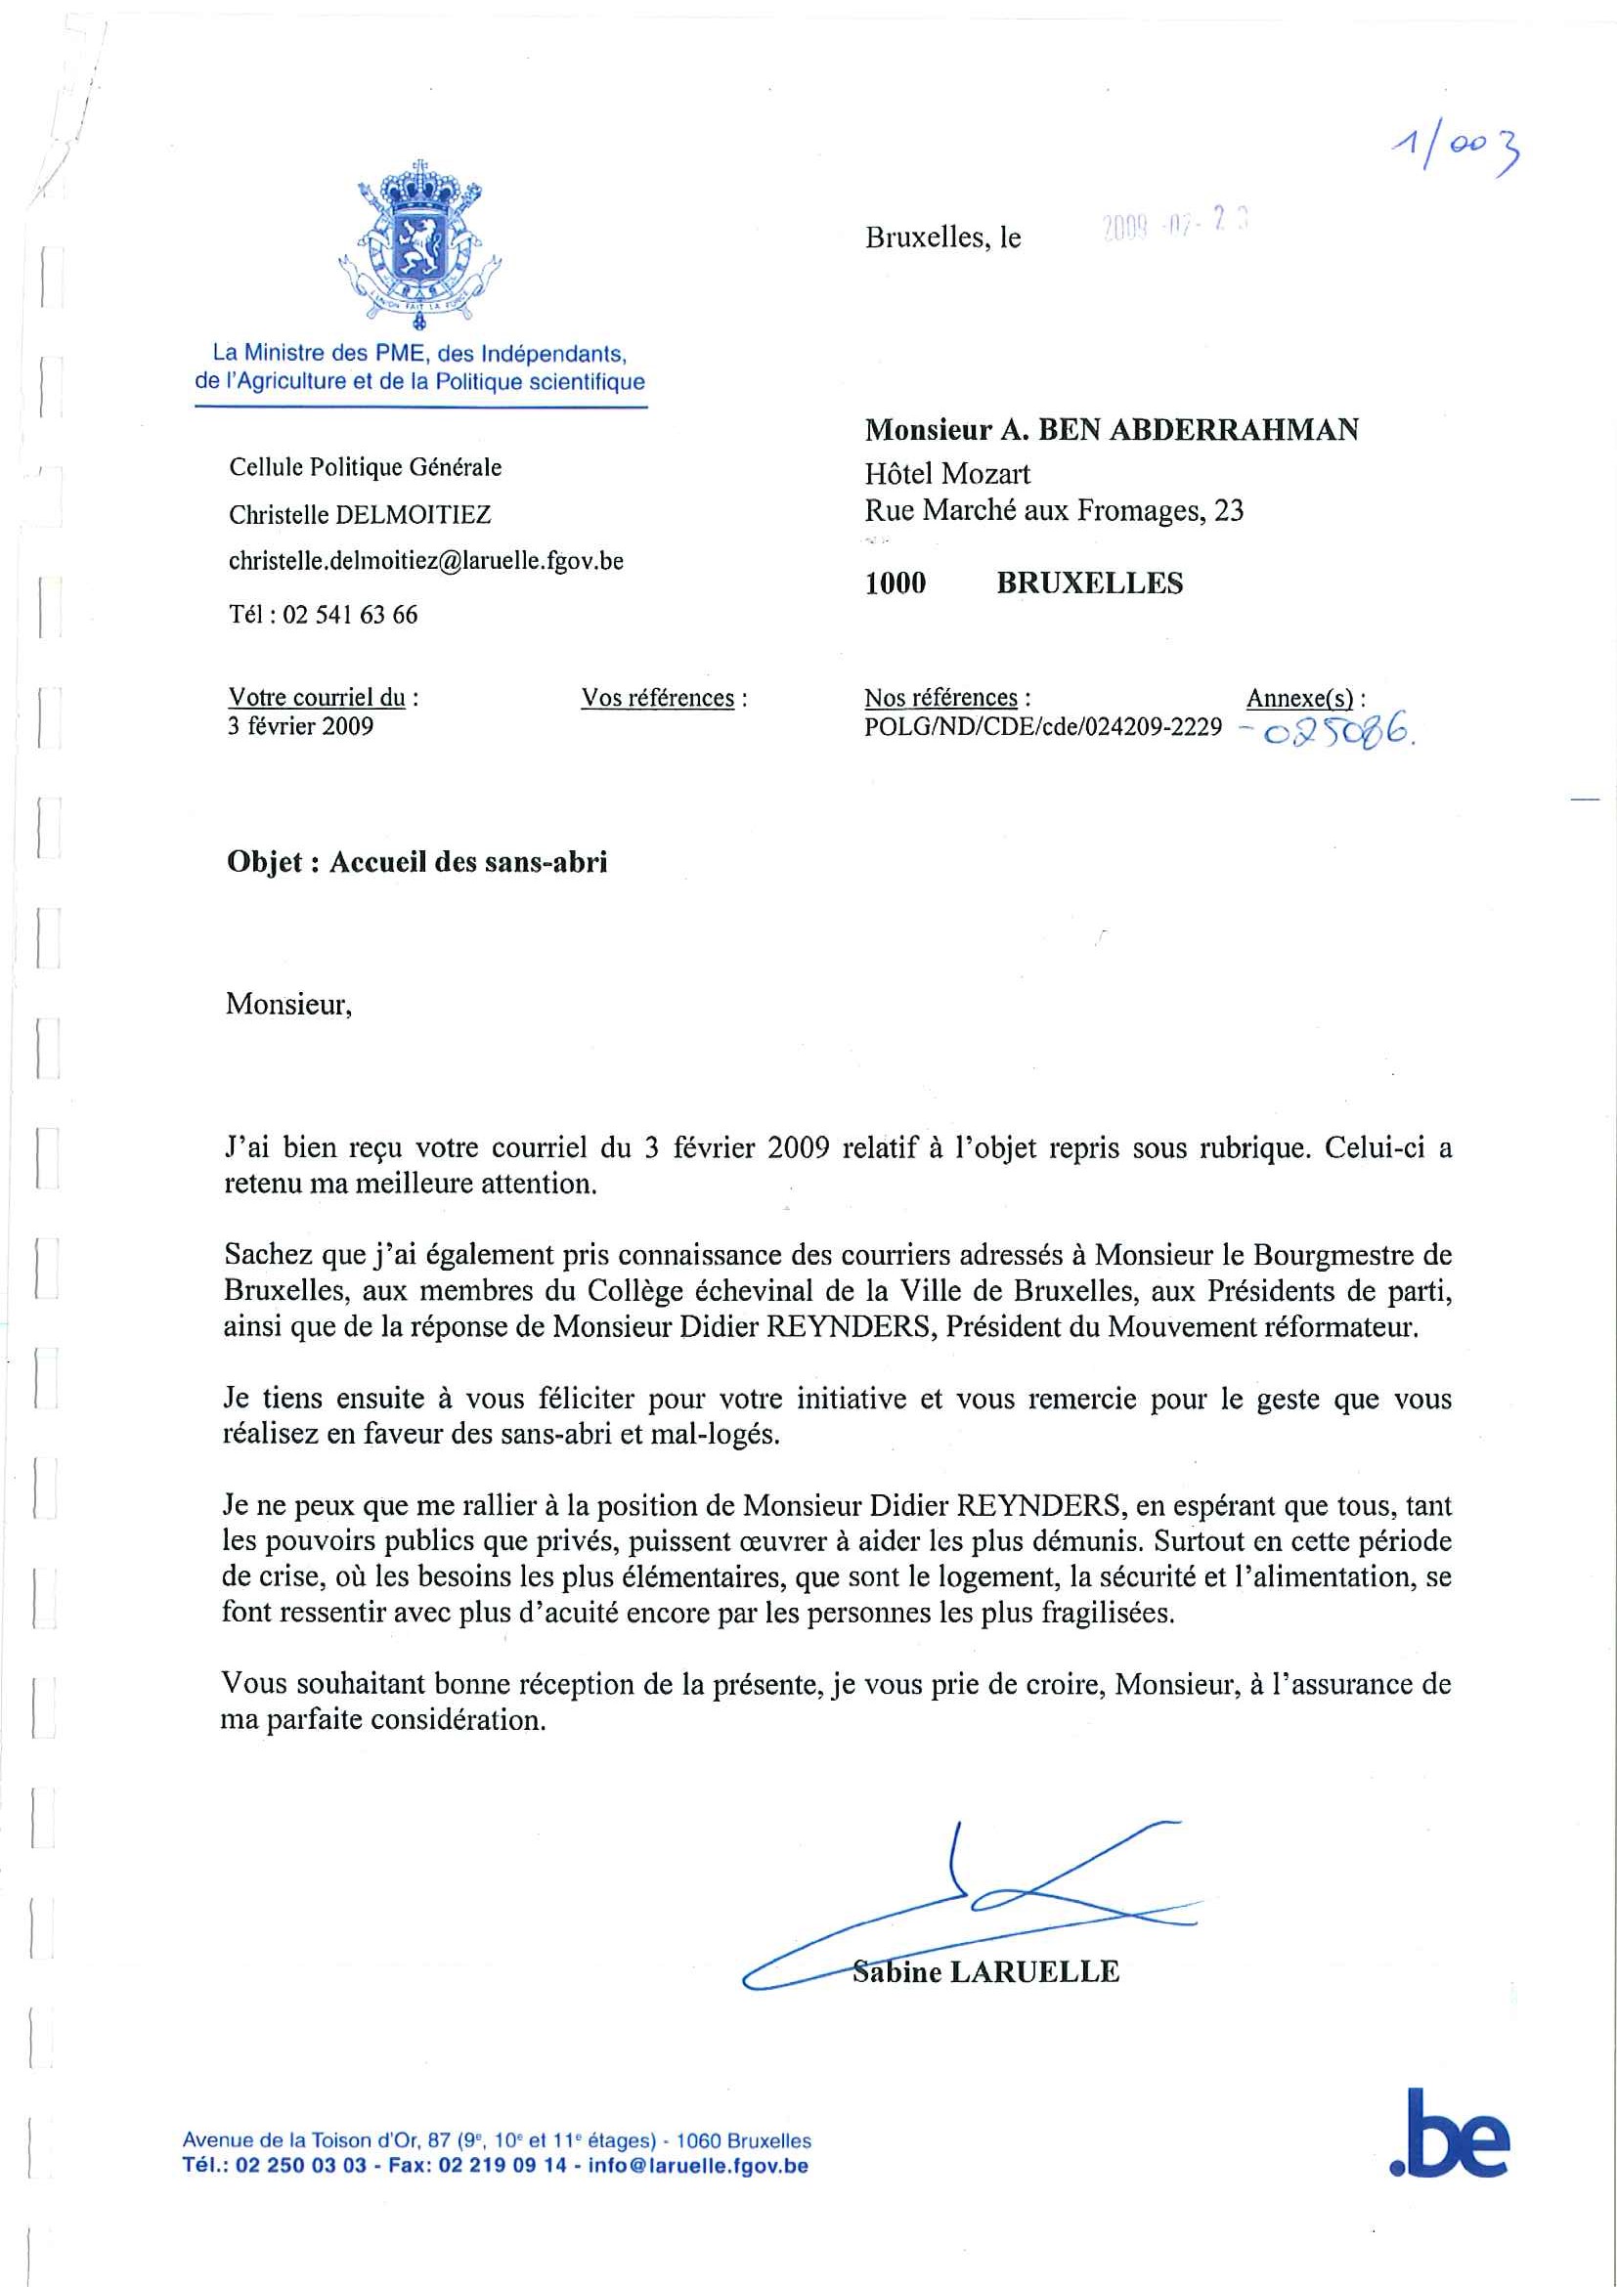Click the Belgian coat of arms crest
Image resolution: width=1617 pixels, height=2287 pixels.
(419, 243)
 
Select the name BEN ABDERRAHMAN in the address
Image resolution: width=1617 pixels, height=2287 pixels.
(1199, 430)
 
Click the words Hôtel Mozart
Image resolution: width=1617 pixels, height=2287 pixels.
(946, 473)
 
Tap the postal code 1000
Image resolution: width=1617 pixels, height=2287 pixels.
(895, 583)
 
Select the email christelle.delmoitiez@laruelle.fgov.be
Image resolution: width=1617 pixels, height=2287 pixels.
(425, 562)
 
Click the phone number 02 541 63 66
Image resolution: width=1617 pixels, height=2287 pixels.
(350, 615)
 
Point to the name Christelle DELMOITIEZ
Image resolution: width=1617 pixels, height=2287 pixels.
(360, 515)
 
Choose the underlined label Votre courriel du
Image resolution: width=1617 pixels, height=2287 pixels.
(317, 697)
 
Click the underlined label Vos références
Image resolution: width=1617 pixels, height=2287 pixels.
(658, 698)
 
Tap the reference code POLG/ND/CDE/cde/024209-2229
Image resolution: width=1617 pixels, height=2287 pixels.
(1042, 727)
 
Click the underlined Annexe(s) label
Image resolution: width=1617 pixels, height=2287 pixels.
(1299, 698)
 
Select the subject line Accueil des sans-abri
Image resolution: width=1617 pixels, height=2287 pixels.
(467, 863)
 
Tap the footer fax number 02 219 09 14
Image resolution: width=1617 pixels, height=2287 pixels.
(502, 2166)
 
